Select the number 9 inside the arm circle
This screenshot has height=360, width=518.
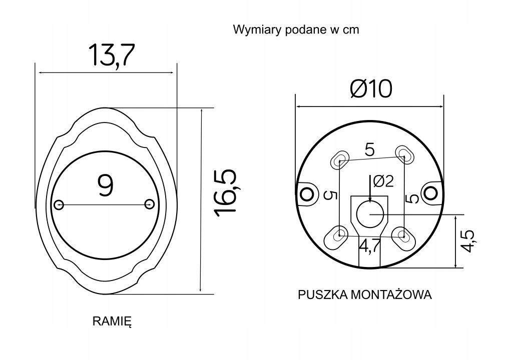(105, 185)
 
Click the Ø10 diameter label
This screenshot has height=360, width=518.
(371, 89)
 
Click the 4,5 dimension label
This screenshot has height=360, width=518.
(469, 241)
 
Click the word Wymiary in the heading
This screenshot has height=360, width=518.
(253, 29)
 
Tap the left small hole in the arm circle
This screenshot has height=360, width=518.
(59, 204)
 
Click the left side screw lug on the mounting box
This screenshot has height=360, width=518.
(305, 192)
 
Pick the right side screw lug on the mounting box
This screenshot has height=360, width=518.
(431, 191)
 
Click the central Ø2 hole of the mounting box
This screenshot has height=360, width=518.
(370, 214)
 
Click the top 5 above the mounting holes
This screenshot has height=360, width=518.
(370, 149)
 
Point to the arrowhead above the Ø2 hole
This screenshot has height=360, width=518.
(370, 197)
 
